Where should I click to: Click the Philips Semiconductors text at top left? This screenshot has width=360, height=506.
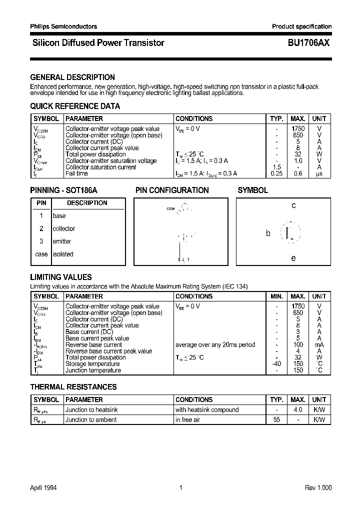[63, 26]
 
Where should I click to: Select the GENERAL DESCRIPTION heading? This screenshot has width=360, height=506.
[72, 77]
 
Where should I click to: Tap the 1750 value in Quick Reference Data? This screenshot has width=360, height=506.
[298, 128]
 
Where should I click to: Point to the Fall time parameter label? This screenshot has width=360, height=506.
[76, 173]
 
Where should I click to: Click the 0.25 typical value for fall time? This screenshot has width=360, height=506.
[276, 173]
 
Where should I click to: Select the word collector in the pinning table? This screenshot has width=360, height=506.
[64, 228]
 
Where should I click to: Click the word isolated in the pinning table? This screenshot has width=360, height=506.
[63, 254]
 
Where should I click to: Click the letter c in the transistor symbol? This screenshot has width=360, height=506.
[293, 205]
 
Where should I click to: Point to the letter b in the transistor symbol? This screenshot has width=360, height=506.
[268, 233]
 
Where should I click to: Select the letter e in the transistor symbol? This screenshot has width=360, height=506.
[293, 258]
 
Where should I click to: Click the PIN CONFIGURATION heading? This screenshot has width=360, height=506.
[172, 190]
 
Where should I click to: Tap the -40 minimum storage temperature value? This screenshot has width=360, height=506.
[276, 364]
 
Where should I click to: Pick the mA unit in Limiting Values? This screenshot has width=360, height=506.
[319, 344]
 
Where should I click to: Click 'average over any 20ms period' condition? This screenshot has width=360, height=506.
[215, 344]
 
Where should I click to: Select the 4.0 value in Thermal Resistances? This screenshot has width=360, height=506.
[298, 409]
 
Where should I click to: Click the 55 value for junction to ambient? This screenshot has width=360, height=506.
[276, 420]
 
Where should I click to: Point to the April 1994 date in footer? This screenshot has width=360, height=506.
[43, 488]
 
